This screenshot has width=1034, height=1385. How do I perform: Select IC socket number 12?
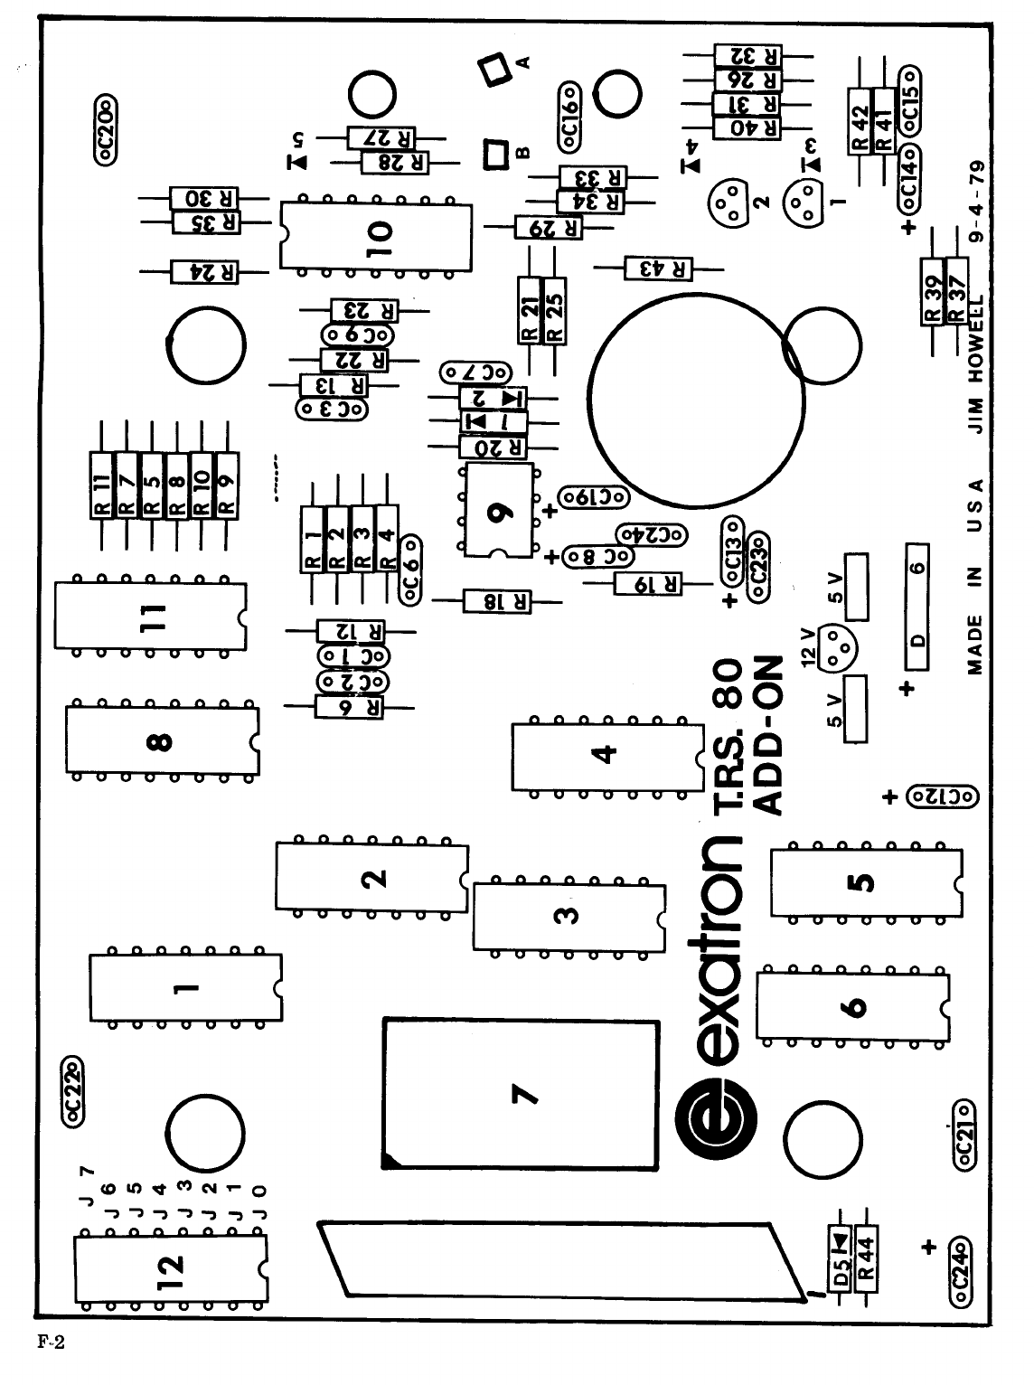point(171,1265)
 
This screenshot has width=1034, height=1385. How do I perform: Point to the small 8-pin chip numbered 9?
point(497,510)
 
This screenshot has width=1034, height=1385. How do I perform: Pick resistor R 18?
point(497,600)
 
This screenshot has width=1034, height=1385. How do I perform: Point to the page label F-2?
point(51,1342)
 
